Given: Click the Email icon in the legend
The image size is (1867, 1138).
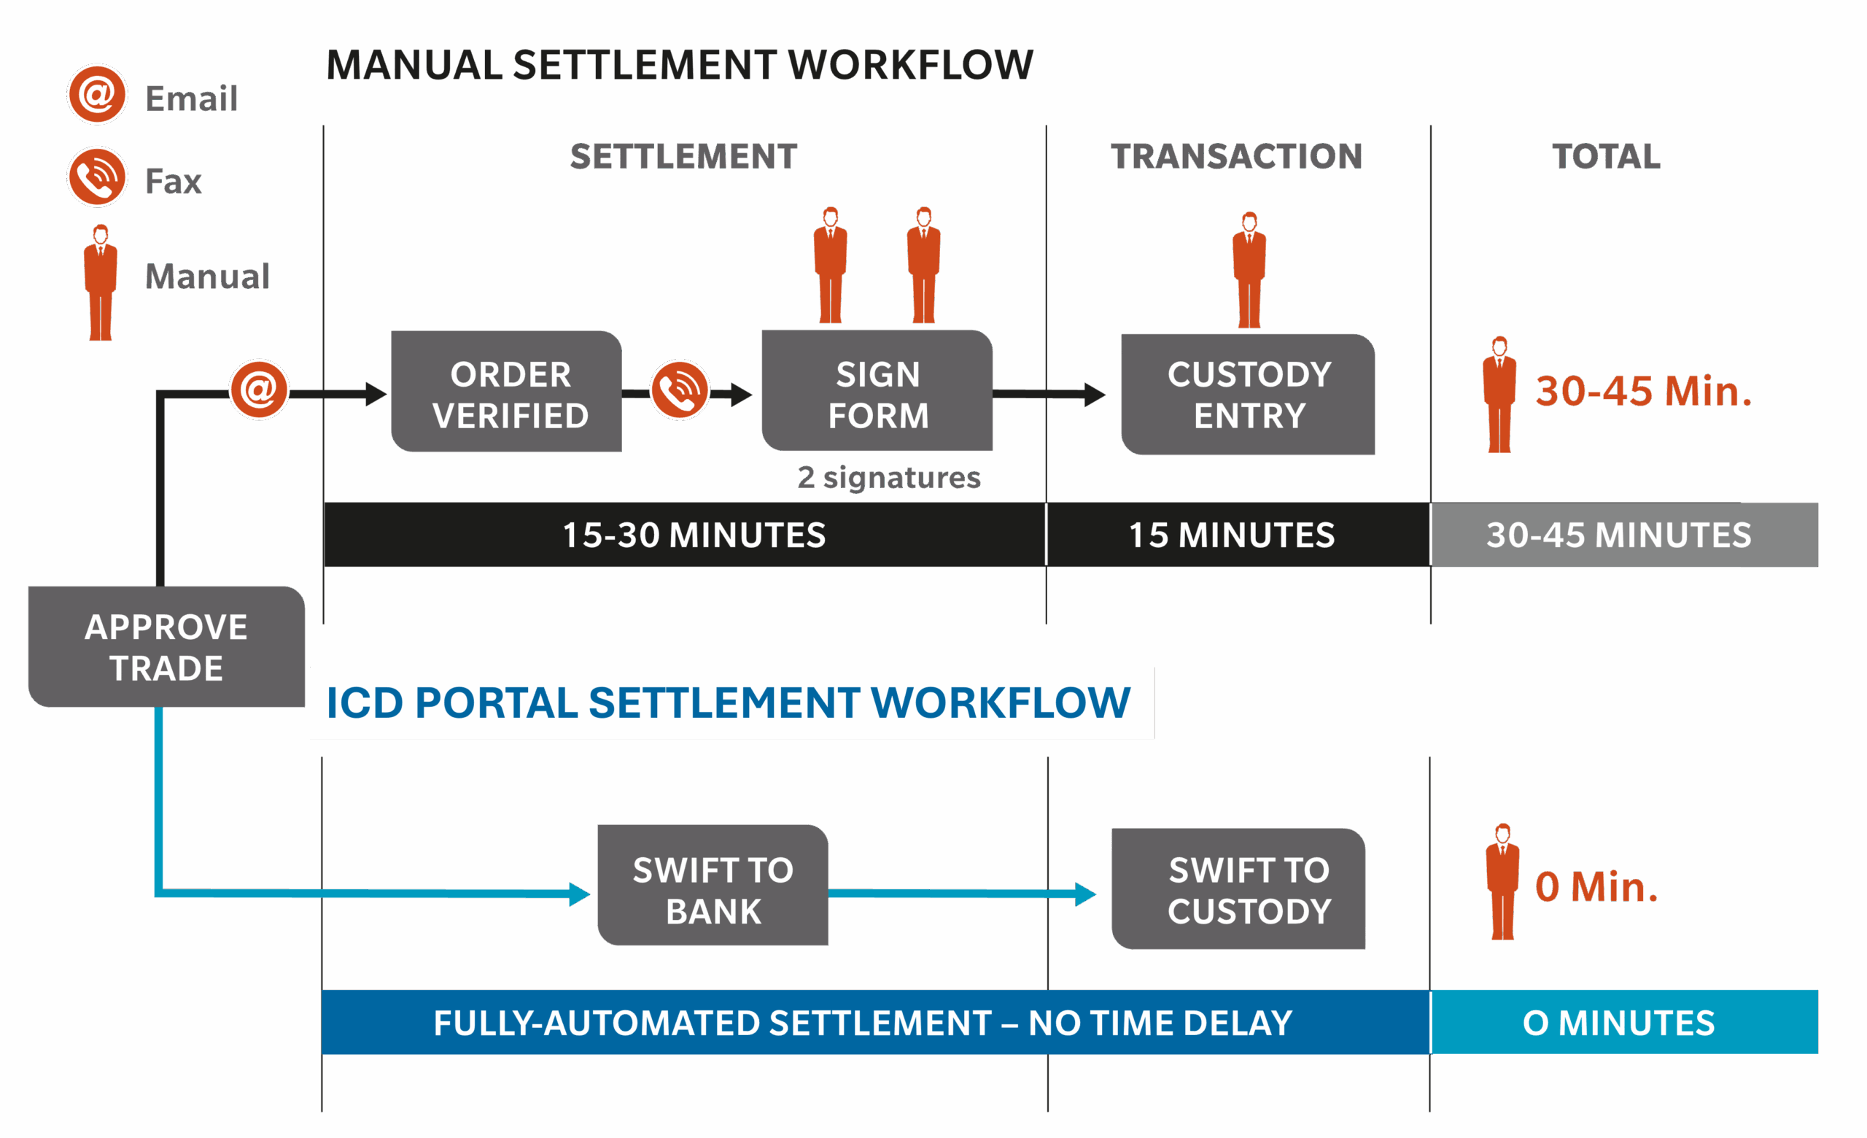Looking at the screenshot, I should tap(97, 95).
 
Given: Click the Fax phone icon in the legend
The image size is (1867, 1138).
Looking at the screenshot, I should tap(97, 177).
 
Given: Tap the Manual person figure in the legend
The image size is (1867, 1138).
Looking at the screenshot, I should tap(100, 282).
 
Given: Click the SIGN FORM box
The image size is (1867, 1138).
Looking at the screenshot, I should tap(877, 392).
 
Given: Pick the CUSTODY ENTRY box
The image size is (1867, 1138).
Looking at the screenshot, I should tap(1249, 394).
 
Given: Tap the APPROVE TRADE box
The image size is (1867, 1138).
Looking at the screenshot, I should tap(166, 646).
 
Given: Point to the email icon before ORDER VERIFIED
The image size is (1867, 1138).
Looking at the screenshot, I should tap(259, 390).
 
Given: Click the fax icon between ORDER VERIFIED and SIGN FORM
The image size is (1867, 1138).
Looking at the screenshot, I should tap(680, 390).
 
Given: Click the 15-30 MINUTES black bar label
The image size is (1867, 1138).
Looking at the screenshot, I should tap(694, 535).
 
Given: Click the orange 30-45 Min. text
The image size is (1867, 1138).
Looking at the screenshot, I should tap(1642, 391).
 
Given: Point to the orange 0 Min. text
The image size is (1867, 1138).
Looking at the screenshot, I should tap(1596, 886).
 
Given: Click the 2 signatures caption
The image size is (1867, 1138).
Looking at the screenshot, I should tap(889, 477).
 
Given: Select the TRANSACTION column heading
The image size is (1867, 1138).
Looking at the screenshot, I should tap(1237, 156).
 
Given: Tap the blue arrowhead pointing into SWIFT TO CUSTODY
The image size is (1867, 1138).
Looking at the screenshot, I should tap(1085, 894).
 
